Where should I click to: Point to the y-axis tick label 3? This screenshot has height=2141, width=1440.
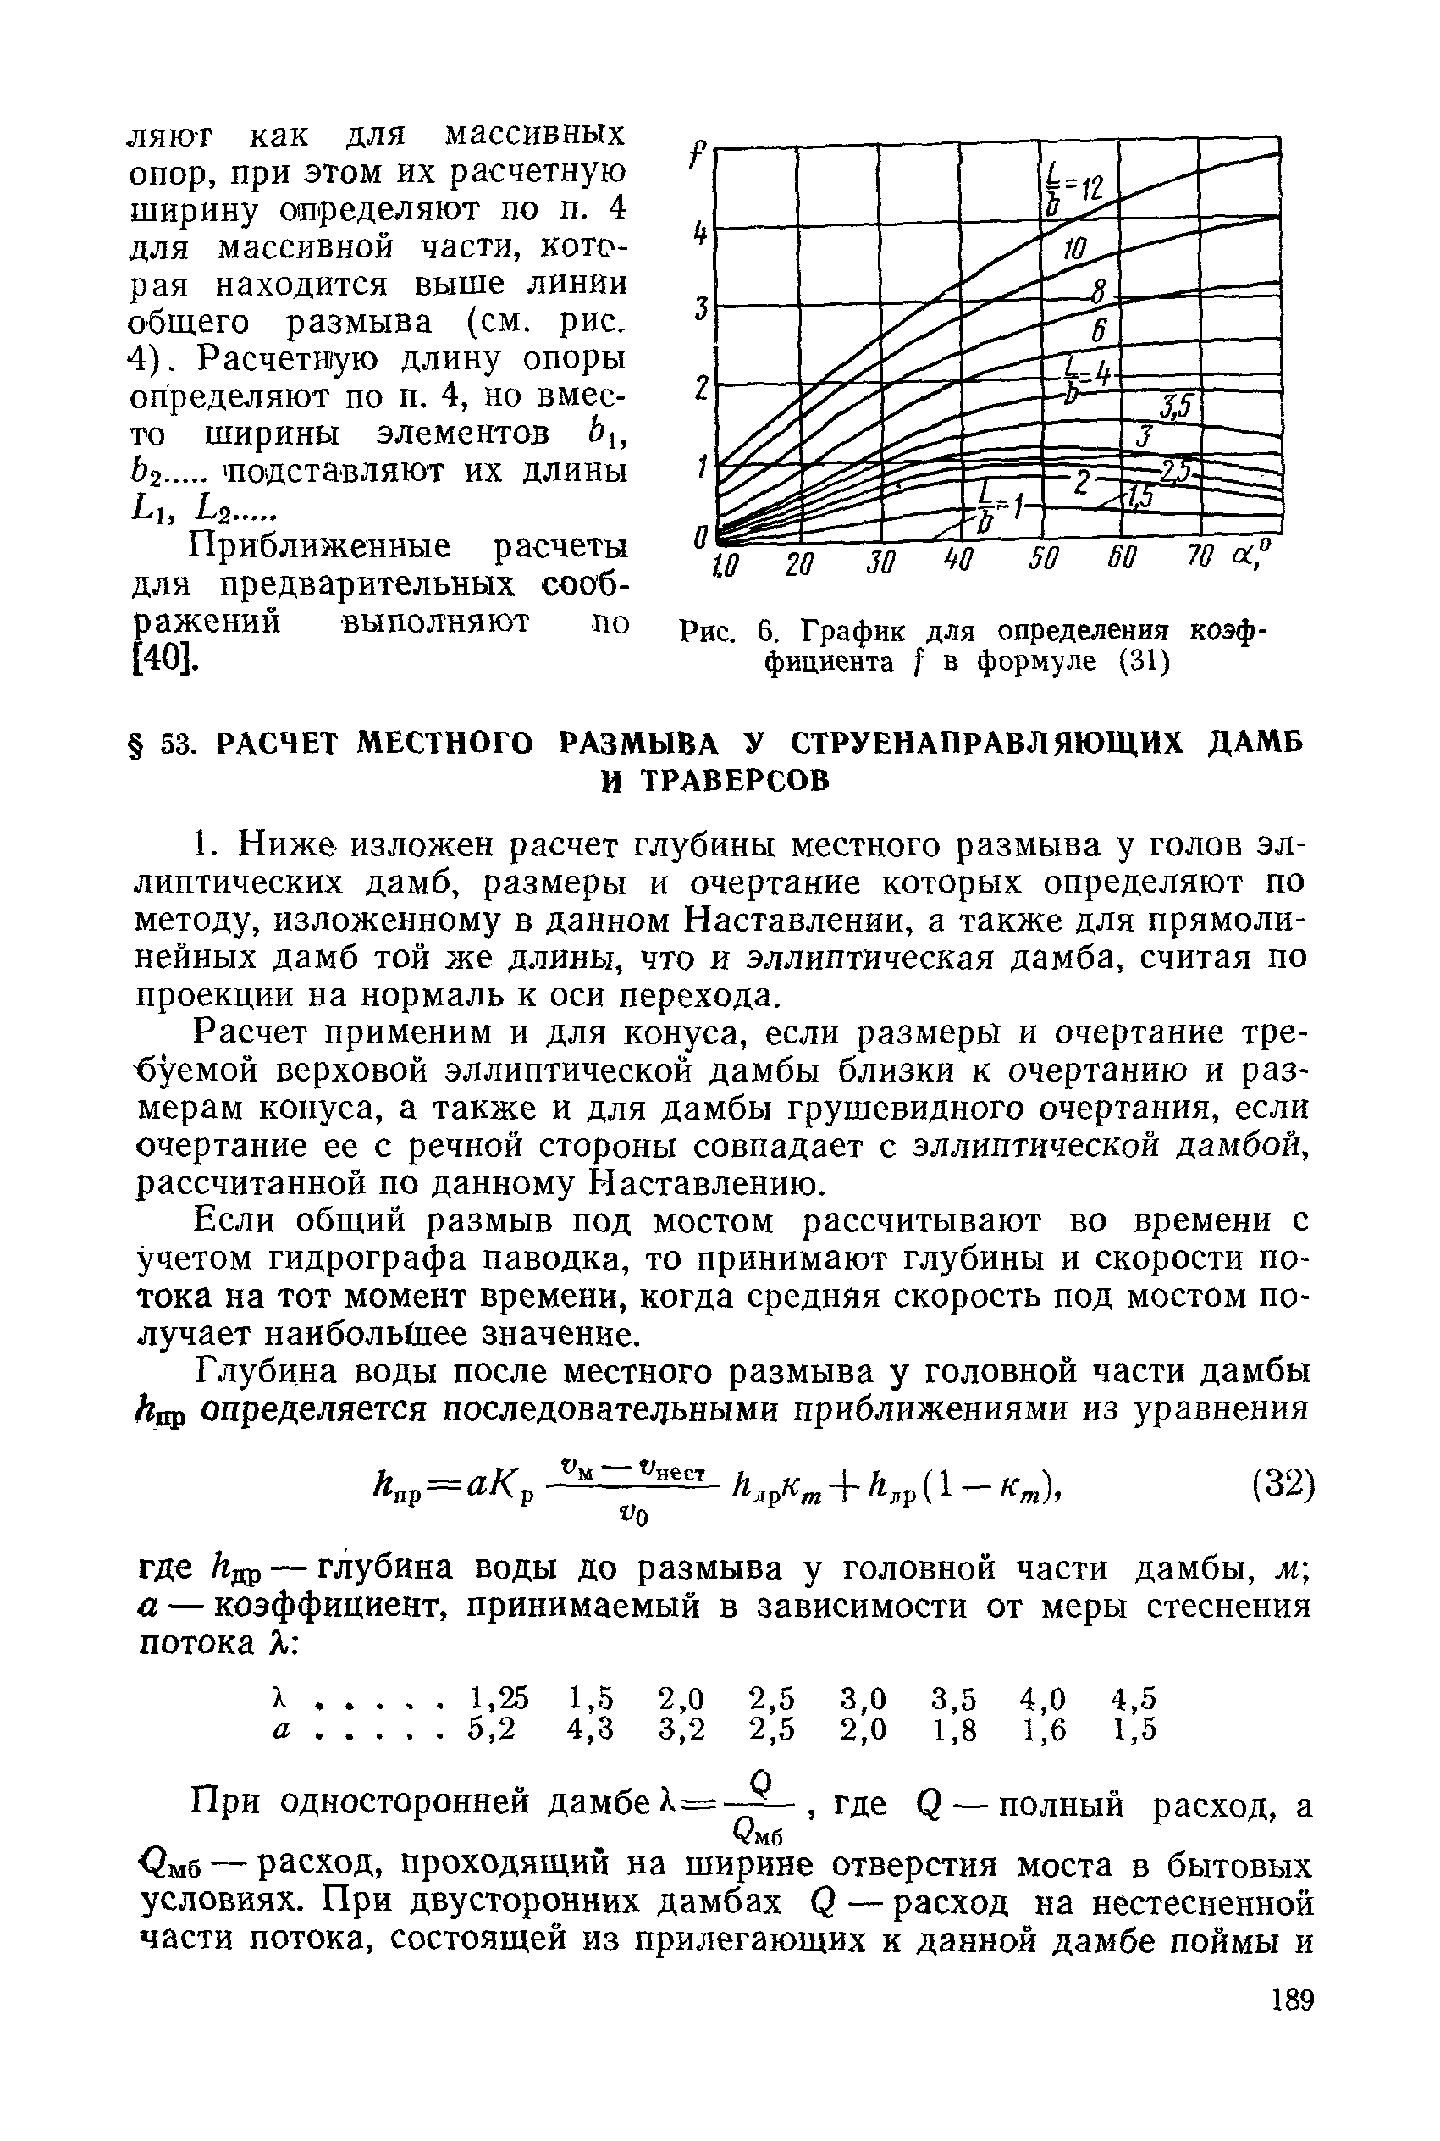tap(702, 307)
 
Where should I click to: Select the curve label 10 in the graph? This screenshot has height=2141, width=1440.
tap(1074, 248)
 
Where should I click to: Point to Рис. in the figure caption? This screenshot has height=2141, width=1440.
tap(707, 632)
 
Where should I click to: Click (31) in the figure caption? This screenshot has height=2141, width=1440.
tap(1144, 661)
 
